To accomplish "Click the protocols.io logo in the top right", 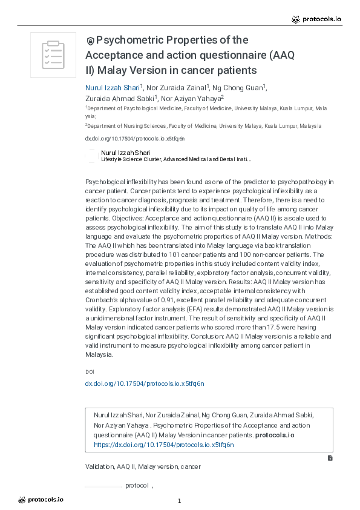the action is coord(316,19).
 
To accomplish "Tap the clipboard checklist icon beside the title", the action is coord(53,55).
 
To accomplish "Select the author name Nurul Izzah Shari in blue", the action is coord(112,87).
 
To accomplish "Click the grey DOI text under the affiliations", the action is coord(134,139).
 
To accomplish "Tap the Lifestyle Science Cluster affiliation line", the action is coord(175,159).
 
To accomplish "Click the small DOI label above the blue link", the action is coord(90,371).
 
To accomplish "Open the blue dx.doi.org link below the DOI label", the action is coord(145,383).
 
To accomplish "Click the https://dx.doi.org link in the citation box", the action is coord(163,445).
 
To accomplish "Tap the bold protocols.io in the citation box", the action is coord(275,435).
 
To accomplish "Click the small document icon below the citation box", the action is coord(330,458).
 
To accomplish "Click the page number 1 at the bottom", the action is coord(180,500).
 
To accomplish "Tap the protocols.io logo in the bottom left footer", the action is coord(41,500).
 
